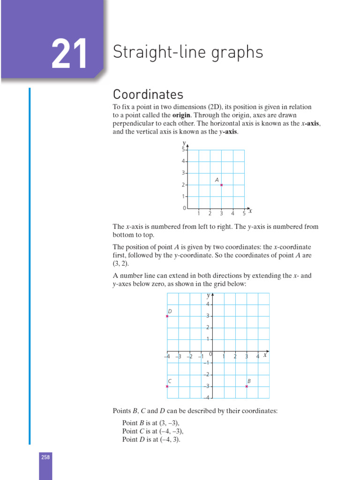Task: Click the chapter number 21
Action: tap(69, 54)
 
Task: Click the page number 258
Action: tap(45, 457)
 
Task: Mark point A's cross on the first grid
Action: tap(221, 185)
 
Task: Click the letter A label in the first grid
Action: tap(217, 180)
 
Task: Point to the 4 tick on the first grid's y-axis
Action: tap(184, 161)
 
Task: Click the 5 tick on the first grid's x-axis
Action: tap(244, 214)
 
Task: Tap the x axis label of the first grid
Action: tap(250, 211)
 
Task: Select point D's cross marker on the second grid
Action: tap(167, 316)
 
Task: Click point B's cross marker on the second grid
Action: tap(247, 386)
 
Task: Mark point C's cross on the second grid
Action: tap(167, 386)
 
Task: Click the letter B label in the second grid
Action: tap(249, 381)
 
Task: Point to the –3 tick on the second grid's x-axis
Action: tap(178, 357)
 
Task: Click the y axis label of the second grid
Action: tap(208, 296)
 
